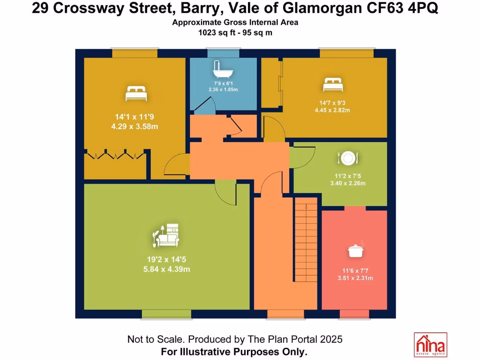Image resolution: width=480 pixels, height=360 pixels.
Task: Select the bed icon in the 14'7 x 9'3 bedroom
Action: (333, 85)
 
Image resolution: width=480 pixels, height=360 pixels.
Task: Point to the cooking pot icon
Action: (355, 250)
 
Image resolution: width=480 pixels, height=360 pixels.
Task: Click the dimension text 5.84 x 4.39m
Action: (167, 269)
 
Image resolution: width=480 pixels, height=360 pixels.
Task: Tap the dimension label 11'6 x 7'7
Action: (355, 270)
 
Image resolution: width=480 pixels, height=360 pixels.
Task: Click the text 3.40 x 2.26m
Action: (347, 183)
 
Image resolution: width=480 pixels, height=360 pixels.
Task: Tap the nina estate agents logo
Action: (430, 345)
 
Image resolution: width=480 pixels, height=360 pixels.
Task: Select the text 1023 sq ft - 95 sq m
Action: (235, 33)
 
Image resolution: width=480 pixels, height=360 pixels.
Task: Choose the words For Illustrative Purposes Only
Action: (234, 351)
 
